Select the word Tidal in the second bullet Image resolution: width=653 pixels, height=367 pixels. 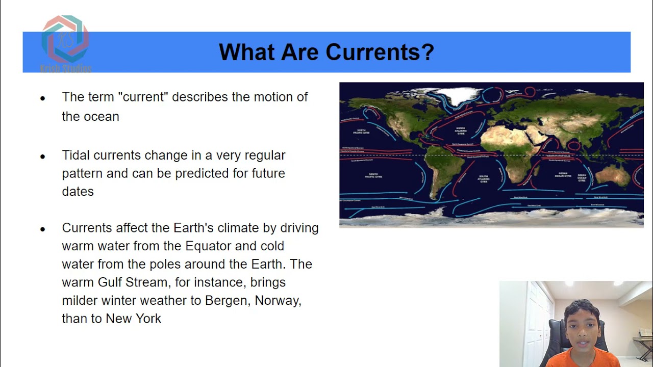click(76, 155)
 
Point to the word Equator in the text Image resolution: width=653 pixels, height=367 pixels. click(208, 246)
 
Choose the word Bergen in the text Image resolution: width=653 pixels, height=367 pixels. click(227, 300)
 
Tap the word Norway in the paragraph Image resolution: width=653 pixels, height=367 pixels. click(278, 300)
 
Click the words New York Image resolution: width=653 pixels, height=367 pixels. click(133, 319)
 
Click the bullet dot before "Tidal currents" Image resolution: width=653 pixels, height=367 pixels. click(43, 156)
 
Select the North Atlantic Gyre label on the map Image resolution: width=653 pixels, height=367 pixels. click(460, 132)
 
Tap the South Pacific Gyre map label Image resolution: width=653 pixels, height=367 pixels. click(375, 176)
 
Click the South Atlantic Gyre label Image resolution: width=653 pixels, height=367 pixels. click(483, 179)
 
